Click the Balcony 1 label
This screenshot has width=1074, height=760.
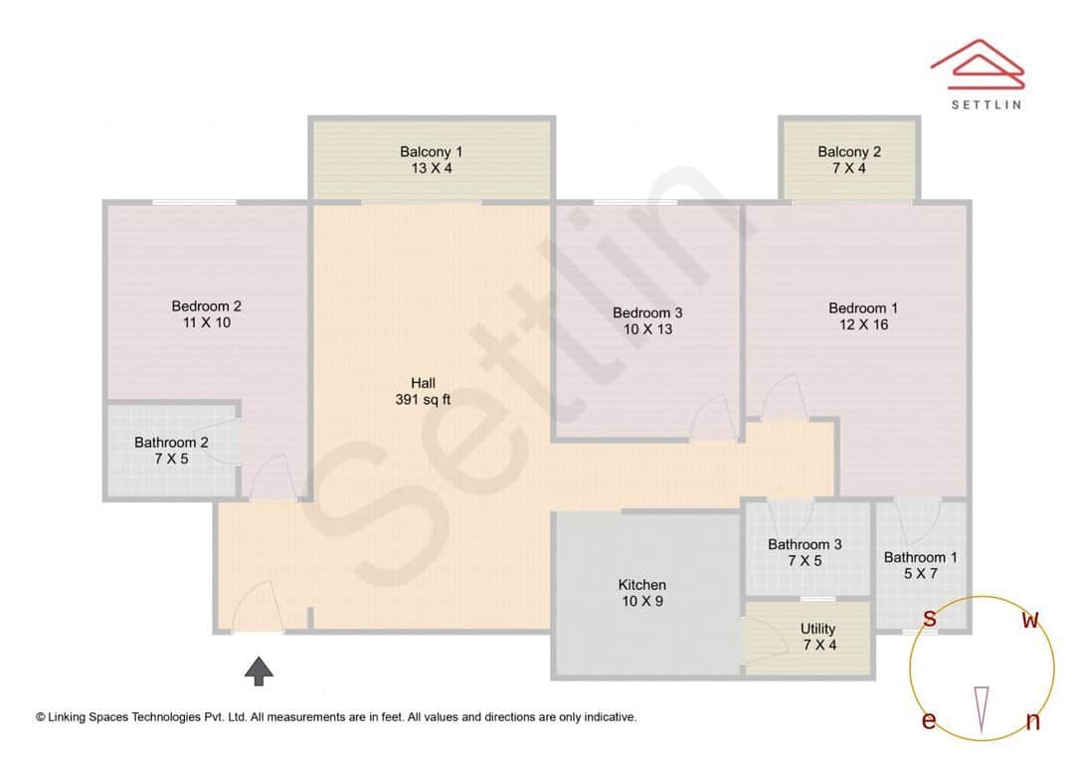[x=431, y=152]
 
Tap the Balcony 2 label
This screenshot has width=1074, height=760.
[x=849, y=152]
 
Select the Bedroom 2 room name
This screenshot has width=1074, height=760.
[x=206, y=306]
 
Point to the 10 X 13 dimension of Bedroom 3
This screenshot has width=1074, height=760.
[x=647, y=328]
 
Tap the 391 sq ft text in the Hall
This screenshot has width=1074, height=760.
[x=423, y=400]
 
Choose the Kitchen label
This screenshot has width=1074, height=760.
[x=642, y=585]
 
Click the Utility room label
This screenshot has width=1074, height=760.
[x=817, y=629]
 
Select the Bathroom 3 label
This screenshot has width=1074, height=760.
[x=805, y=544]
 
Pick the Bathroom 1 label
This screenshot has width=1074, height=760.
[x=920, y=557]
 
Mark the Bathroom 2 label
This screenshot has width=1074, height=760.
[x=171, y=443]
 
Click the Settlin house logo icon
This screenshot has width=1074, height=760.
[x=978, y=66]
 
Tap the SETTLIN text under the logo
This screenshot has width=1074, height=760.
[x=985, y=104]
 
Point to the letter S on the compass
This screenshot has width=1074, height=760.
[x=929, y=619]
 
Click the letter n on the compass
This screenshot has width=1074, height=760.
[x=1032, y=722]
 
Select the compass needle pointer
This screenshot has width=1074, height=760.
[x=983, y=709]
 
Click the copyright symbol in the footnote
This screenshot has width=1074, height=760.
[x=41, y=716]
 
